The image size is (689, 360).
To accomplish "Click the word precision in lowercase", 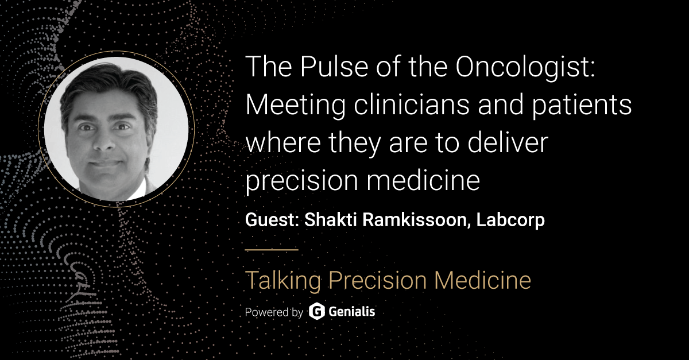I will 298,181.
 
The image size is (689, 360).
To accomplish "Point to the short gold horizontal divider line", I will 272,250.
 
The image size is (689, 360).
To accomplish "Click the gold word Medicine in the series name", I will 482,281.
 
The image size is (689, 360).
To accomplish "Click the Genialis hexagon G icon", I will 317,312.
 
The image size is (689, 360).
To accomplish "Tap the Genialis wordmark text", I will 353,312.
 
